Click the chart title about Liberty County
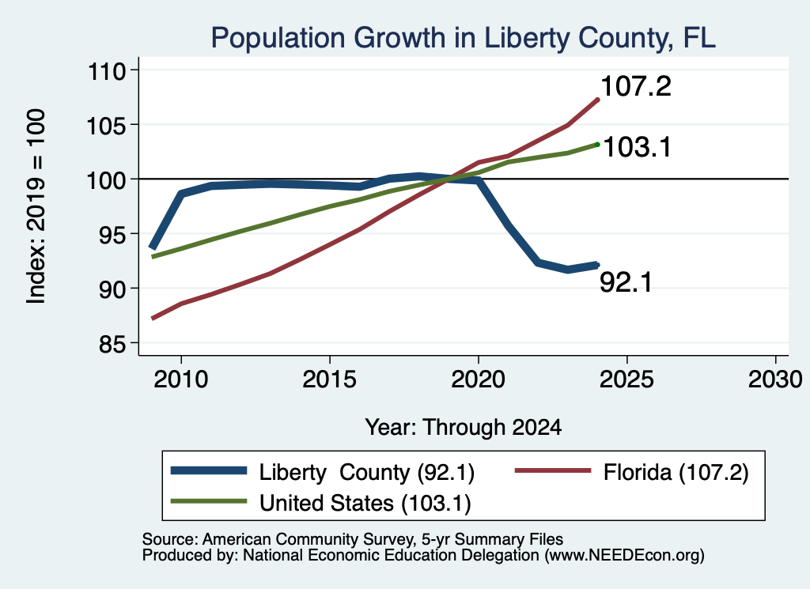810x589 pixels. (463, 38)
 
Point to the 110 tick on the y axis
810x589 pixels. (107, 70)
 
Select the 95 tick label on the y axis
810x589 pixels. (112, 234)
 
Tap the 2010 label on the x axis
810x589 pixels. (181, 379)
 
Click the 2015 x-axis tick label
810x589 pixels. (330, 379)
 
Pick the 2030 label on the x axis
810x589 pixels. (775, 379)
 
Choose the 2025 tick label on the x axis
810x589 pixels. (626, 379)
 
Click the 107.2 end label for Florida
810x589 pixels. (636, 85)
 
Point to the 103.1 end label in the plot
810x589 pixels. (637, 147)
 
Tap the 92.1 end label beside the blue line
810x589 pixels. (626, 282)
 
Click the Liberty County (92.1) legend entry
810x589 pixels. (323, 472)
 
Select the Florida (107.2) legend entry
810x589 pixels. (632, 472)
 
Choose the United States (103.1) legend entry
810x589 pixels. (321, 503)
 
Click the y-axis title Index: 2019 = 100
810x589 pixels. (36, 206)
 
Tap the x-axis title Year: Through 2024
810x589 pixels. (464, 428)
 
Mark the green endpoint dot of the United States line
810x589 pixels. (597, 145)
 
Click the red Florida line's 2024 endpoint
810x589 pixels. (597, 100)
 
